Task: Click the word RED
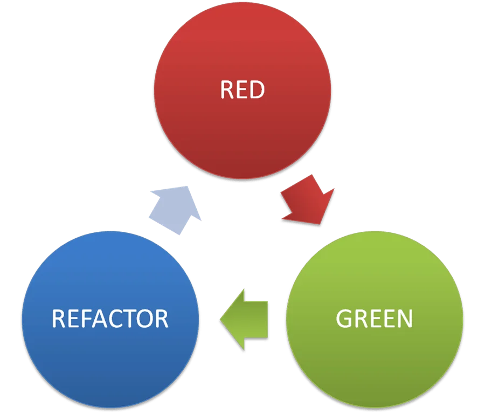(242, 90)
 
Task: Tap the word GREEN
(374, 319)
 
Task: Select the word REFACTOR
(110, 319)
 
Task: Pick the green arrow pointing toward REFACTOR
(245, 319)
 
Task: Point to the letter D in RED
(257, 90)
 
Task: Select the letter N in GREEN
(404, 319)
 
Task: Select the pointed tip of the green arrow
(220, 319)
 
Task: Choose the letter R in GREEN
(360, 319)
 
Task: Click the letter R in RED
(227, 90)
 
